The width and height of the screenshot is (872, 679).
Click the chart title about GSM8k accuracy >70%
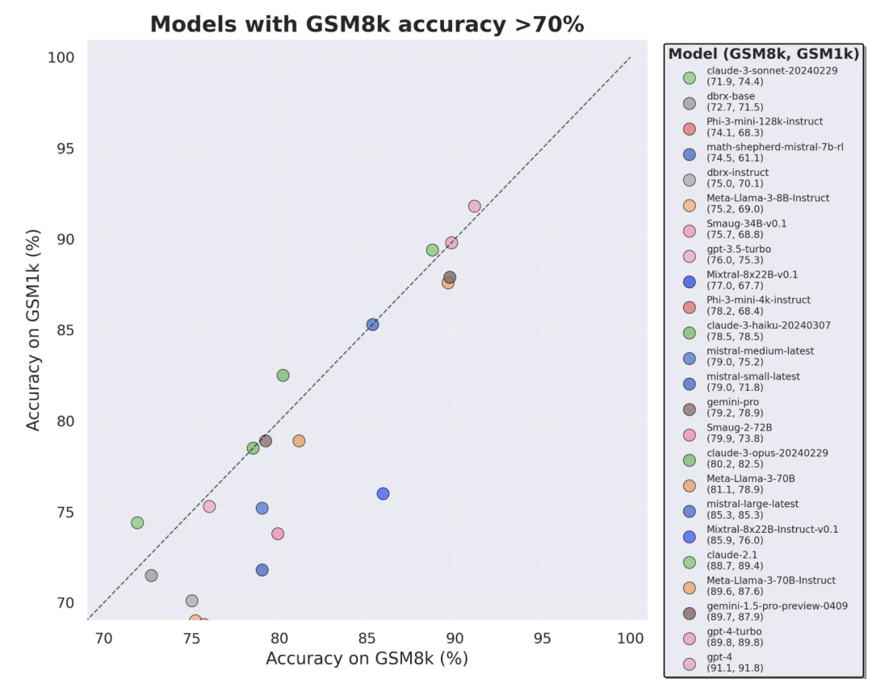(x=367, y=24)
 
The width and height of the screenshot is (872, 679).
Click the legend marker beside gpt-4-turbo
(x=690, y=637)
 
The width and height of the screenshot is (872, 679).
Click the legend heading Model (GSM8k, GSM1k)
(x=763, y=54)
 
